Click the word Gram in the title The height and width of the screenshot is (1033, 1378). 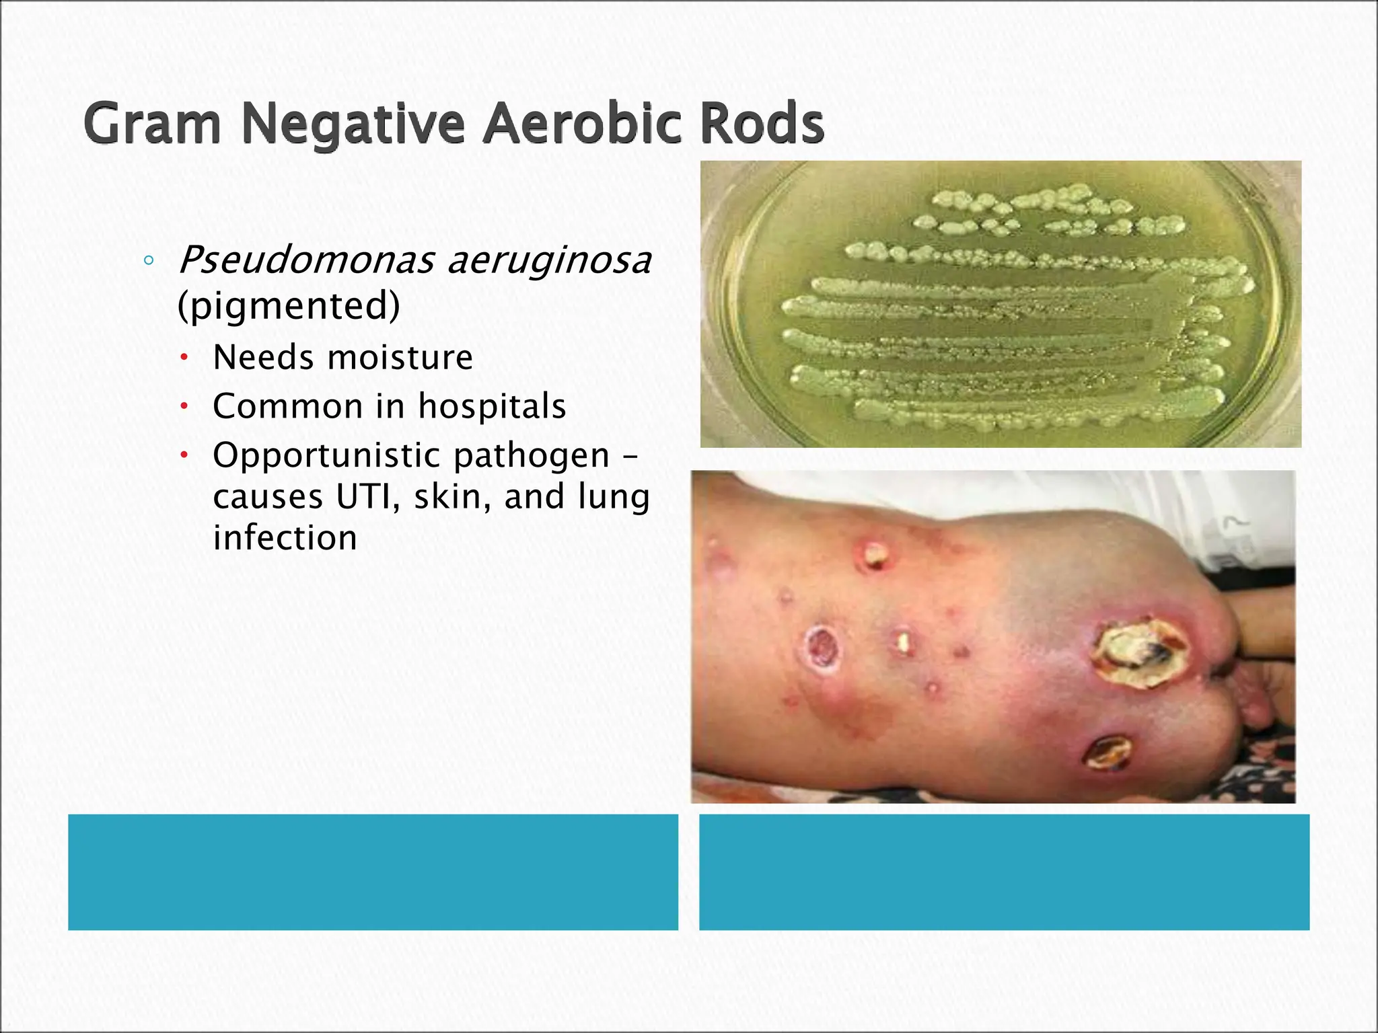[152, 124]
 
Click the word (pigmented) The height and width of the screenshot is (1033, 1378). [289, 306]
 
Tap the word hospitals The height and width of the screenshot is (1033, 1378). [492, 406]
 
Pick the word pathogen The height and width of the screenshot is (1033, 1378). [532, 456]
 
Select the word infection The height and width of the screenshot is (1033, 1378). [285, 538]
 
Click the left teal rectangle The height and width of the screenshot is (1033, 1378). [373, 872]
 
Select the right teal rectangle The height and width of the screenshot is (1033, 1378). [1004, 872]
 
